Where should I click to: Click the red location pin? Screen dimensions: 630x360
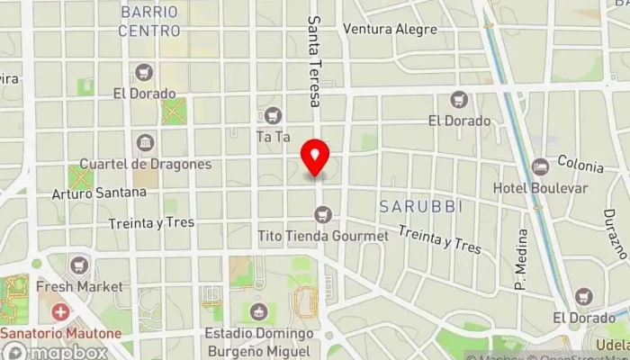pyautogui.click(x=315, y=157)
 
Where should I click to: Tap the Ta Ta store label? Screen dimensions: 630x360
pyautogui.click(x=273, y=138)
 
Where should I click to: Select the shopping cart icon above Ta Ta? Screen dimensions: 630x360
pyautogui.click(x=273, y=115)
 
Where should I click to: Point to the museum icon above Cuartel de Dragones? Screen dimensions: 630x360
pyautogui.click(x=144, y=142)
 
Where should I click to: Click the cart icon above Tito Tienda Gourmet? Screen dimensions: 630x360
pyautogui.click(x=323, y=214)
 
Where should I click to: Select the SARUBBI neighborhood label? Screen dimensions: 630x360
pyautogui.click(x=420, y=206)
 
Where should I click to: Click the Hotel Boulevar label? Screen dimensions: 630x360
pyautogui.click(x=540, y=188)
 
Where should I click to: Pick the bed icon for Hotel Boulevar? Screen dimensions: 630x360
pyautogui.click(x=540, y=166)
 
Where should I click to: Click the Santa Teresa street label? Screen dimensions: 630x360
pyautogui.click(x=314, y=61)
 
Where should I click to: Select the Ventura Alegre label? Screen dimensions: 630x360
pyautogui.click(x=390, y=29)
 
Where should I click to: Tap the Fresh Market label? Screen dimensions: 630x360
pyautogui.click(x=79, y=286)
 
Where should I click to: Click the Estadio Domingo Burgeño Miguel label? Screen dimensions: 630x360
pyautogui.click(x=258, y=341)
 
